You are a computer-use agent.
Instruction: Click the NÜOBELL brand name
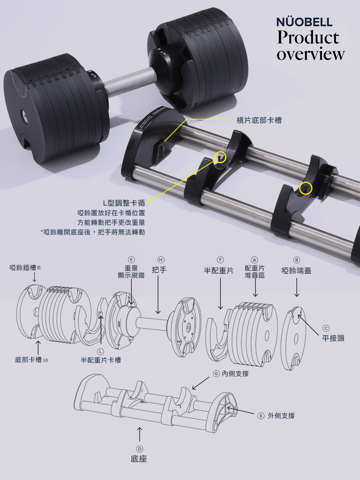point(304,22)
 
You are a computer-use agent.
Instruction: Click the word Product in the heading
point(308,37)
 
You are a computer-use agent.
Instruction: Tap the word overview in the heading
point(310,54)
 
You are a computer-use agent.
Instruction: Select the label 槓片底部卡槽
point(259,120)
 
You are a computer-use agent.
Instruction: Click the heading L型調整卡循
point(124,203)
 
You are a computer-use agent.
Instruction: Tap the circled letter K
point(131,260)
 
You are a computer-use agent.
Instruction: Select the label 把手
point(159,270)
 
